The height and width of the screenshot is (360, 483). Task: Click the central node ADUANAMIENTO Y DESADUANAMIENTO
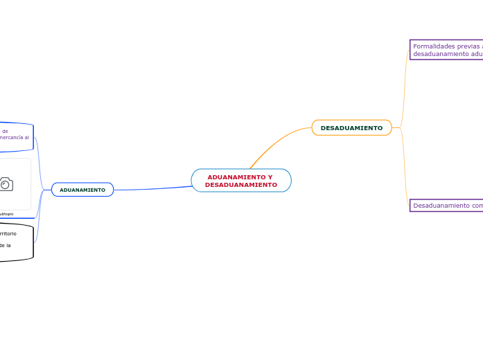tap(241, 181)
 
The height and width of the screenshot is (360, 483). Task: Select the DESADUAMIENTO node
tap(351, 128)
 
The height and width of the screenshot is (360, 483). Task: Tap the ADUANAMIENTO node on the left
tap(82, 190)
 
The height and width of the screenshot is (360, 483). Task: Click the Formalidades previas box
tap(446, 50)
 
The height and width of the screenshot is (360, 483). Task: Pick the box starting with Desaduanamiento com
tap(446, 206)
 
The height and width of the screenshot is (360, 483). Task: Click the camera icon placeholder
tap(6, 183)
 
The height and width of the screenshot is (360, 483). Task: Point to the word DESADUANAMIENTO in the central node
tap(241, 185)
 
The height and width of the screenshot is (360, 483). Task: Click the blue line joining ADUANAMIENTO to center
tap(152, 188)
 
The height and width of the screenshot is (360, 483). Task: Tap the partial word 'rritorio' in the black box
tap(8, 234)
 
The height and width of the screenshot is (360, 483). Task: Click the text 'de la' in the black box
tap(5, 245)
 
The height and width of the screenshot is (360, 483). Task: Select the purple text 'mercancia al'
tap(15, 137)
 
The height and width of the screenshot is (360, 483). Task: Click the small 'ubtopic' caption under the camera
tap(7, 214)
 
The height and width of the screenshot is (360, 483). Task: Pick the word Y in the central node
tap(270, 177)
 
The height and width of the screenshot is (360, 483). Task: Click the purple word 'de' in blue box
tap(5, 130)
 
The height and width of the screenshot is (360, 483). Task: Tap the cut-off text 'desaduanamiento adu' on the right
tap(448, 54)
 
